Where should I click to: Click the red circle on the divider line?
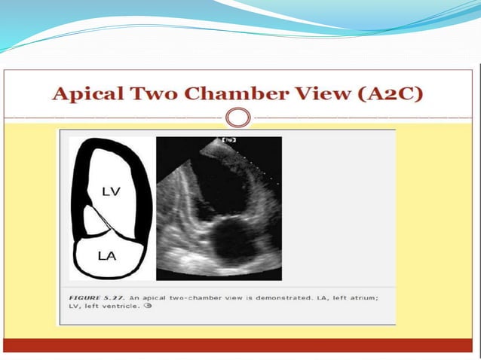point(238,118)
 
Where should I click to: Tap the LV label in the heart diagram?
point(110,192)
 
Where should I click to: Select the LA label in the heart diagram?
point(108,256)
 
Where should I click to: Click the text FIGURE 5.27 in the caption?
point(88,299)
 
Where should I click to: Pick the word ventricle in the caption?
point(117,308)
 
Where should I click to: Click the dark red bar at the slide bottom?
point(240,346)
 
